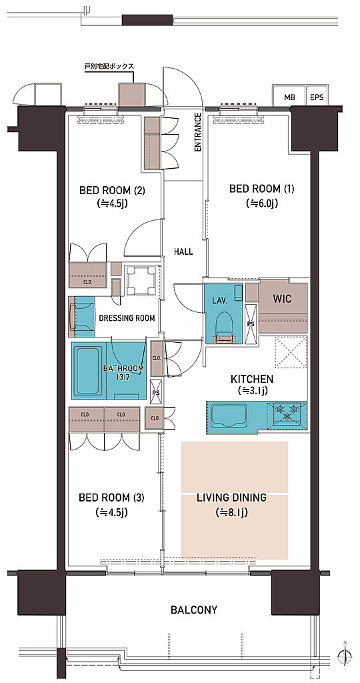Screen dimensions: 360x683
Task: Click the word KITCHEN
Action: pos(251,379)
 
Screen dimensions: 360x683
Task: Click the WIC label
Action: pos(282,299)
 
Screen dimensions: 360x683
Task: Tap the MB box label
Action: pos(289,97)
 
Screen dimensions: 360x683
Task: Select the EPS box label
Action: pos(317,97)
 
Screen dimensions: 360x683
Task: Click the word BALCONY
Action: pos(194,610)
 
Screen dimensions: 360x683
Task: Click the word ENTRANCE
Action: pos(198,132)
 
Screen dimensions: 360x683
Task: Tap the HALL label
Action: pos(183,251)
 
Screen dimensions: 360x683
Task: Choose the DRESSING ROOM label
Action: pos(127,318)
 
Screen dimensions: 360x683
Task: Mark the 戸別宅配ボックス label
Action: pos(109,67)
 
